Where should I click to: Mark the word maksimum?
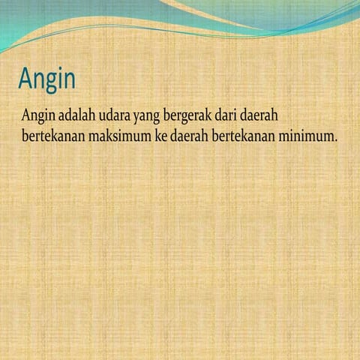[x=121, y=137]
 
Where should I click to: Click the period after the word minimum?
[x=336, y=142]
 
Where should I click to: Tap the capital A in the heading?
[x=27, y=79]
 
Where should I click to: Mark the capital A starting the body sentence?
[x=26, y=115]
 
